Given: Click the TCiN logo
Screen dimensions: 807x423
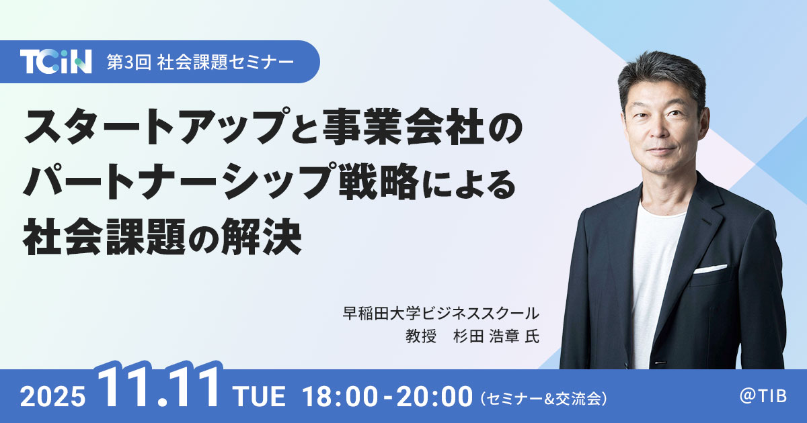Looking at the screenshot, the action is [56, 62].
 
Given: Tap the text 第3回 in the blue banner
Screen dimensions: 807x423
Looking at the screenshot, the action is [128, 62].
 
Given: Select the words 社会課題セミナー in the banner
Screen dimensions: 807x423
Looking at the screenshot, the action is [225, 62].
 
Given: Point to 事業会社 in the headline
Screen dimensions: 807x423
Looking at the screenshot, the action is [403, 127].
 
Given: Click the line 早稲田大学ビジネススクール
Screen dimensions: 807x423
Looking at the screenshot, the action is [441, 314].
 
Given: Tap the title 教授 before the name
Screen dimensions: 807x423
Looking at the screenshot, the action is [421, 336].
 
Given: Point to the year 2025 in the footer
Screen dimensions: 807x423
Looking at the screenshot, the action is [53, 397].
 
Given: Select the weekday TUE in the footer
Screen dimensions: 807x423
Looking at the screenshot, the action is [260, 396].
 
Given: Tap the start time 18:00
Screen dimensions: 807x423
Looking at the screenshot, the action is [340, 397].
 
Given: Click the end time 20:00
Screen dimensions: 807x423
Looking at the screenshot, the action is [434, 397].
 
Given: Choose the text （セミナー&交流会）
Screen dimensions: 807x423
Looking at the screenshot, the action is [543, 399].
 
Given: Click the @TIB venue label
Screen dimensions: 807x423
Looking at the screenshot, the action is [763, 396].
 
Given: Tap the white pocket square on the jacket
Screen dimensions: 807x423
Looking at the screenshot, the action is [710, 269].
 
